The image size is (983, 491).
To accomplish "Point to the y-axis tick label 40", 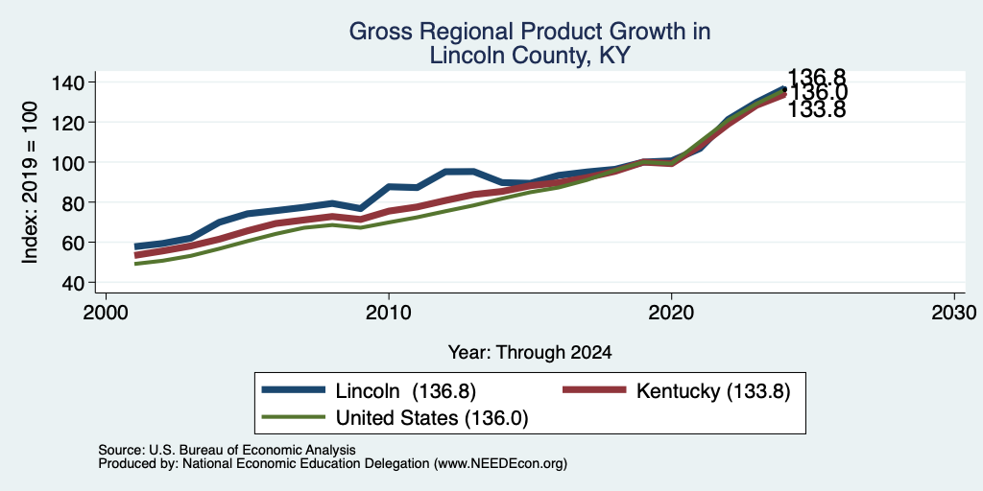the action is tap(73, 283).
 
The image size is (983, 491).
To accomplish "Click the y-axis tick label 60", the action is tap(73, 243).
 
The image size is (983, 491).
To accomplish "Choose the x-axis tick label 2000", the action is tap(106, 312).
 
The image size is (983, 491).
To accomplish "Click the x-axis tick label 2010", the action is tap(389, 312).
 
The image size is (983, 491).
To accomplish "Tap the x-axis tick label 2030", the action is tap(954, 312).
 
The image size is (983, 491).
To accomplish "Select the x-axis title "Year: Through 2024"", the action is tap(530, 353).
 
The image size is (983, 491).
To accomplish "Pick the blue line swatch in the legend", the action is tap(294, 390).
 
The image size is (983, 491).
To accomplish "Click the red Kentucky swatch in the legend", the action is tap(595, 390).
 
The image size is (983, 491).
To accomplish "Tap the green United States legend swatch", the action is tap(294, 417).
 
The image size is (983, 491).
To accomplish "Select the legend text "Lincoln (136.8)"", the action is tap(406, 391).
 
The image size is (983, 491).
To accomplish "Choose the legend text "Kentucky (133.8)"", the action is tap(713, 391).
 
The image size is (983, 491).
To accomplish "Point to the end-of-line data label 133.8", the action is tap(816, 109).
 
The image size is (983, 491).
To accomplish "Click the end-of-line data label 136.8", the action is tap(816, 77).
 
